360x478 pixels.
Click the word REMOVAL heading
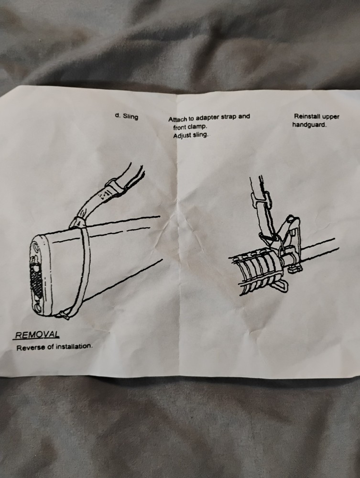pyautogui.click(x=37, y=335)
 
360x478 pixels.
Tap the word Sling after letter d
pyautogui.click(x=131, y=116)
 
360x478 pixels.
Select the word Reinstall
pyautogui.click(x=308, y=116)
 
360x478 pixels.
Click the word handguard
pyautogui.click(x=309, y=125)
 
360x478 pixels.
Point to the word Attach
pyautogui.click(x=177, y=119)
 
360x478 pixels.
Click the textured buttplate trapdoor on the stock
pyautogui.click(x=36, y=277)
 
